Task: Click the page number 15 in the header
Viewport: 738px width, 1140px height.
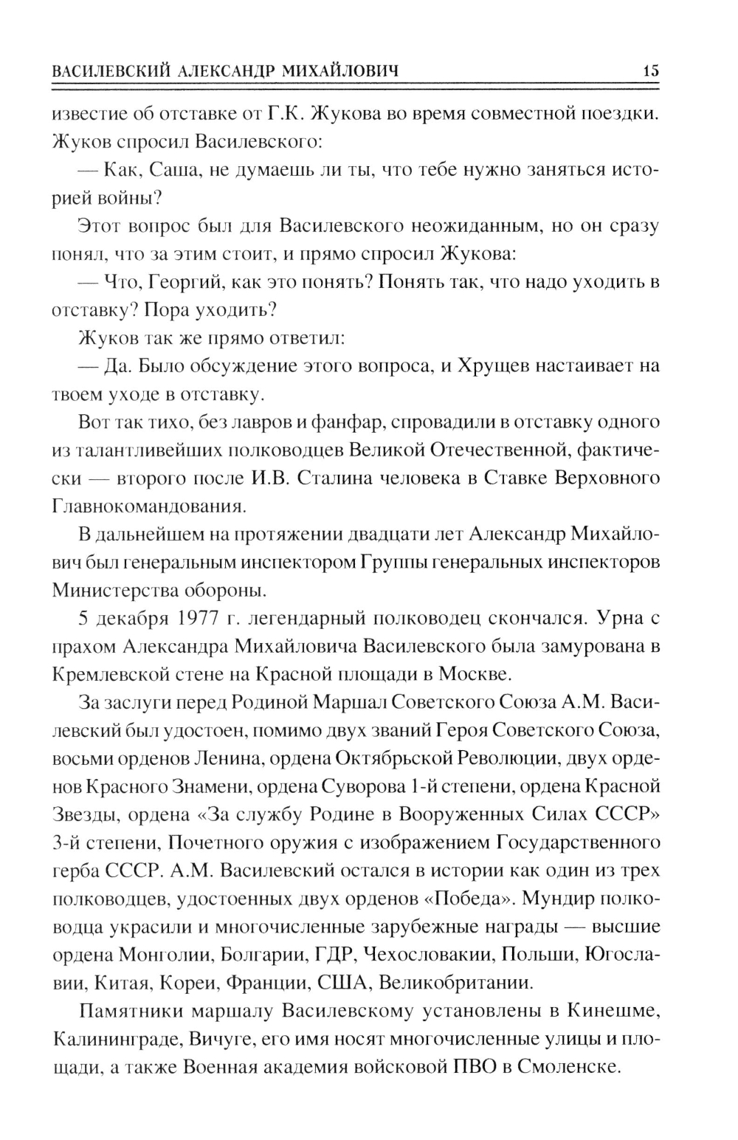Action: (x=650, y=72)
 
